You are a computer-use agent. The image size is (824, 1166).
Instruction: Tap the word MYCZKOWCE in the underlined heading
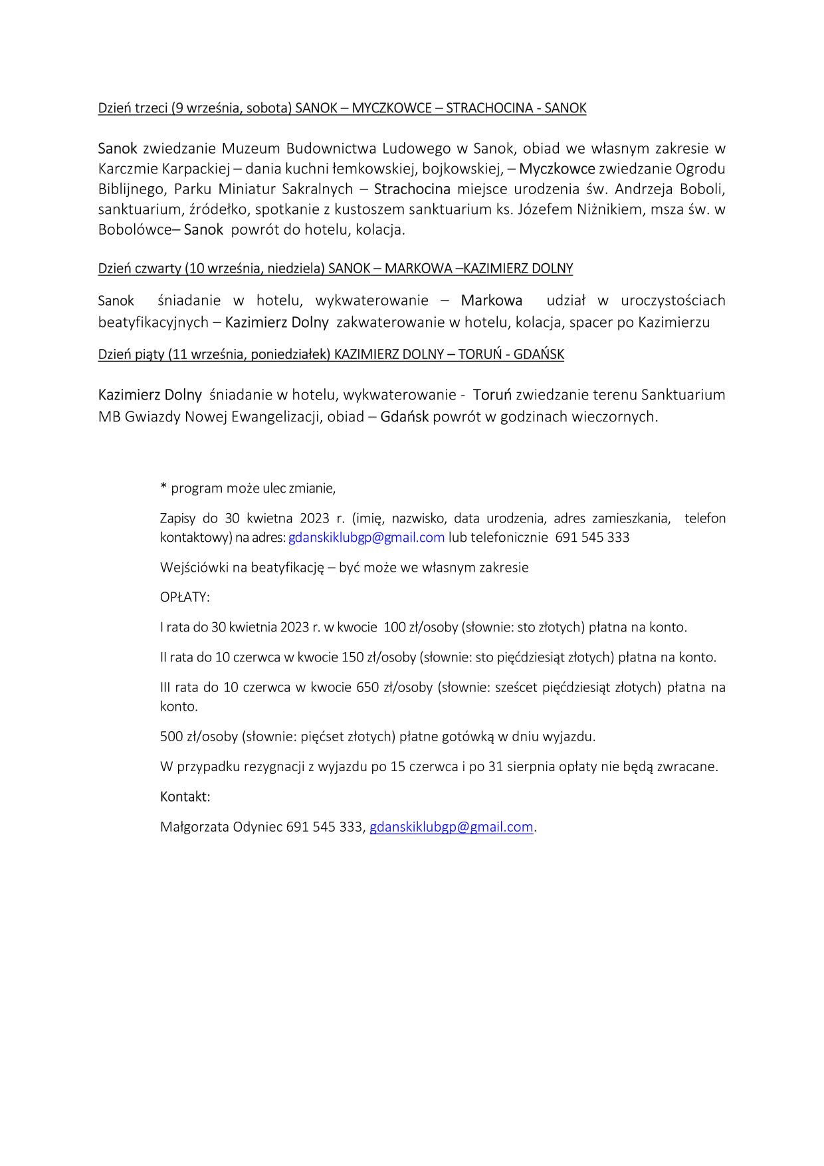[x=391, y=108]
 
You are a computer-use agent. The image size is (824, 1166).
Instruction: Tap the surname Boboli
[x=702, y=189]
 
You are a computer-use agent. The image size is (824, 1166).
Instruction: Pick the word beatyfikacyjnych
[x=153, y=323]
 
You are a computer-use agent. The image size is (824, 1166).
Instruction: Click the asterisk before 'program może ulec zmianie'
[x=163, y=488]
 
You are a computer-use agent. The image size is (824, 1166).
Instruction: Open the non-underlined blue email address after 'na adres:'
[x=366, y=537]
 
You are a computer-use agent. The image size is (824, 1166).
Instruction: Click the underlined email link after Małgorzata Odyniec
[x=451, y=827]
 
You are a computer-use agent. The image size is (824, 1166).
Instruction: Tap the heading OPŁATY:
[x=185, y=597]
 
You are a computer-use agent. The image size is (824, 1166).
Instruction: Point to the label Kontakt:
[x=185, y=796]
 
